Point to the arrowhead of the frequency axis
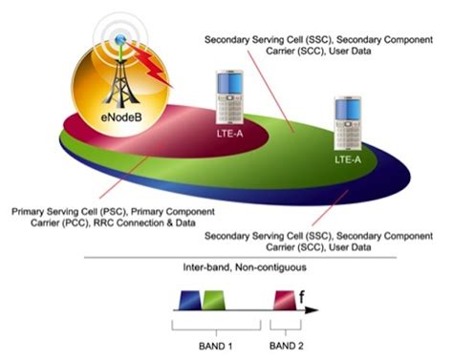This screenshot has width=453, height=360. pos(315,311)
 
